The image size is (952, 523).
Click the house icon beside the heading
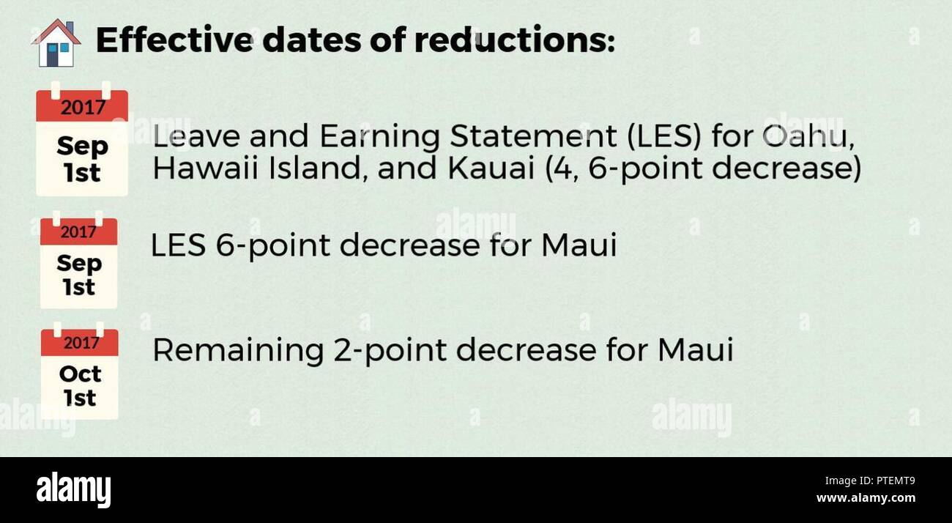[x=56, y=43]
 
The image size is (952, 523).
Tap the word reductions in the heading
[x=515, y=40]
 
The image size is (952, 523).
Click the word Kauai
[x=491, y=168]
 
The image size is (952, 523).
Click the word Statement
[x=533, y=136]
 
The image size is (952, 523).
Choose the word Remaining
[x=238, y=351]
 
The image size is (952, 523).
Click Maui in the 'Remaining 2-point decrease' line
[x=695, y=349]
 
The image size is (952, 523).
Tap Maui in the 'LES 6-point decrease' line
[x=579, y=245]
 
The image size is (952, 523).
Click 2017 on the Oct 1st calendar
[x=81, y=343]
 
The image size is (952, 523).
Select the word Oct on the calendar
[x=81, y=374]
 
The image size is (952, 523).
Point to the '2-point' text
[x=390, y=351]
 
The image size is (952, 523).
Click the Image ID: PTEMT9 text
[x=870, y=481]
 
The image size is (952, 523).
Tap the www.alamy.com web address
[x=866, y=498]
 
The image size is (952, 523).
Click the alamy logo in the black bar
[x=73, y=489]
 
